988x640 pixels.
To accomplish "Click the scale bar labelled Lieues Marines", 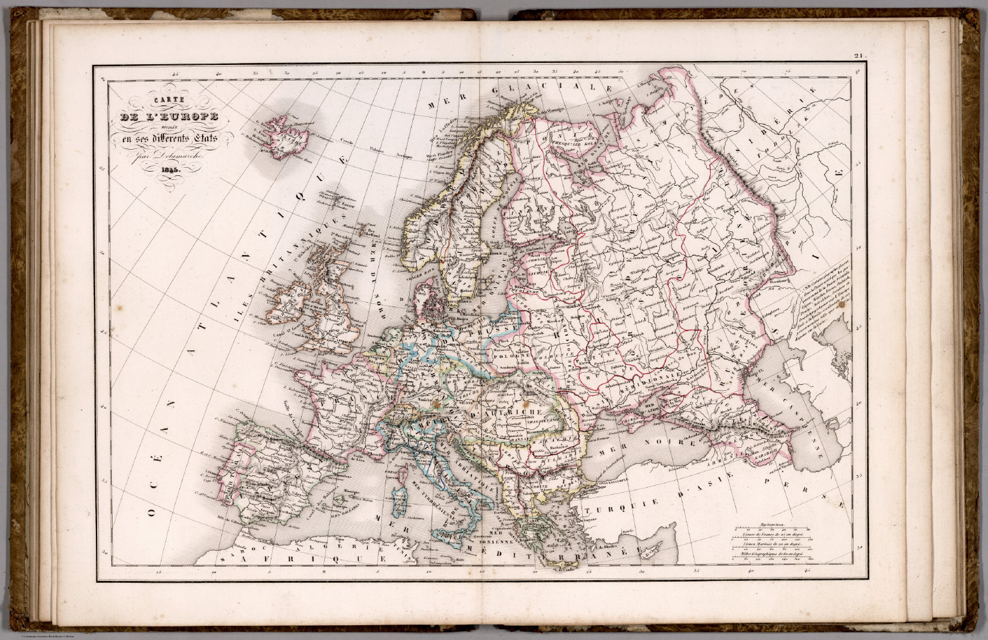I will [772, 545].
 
